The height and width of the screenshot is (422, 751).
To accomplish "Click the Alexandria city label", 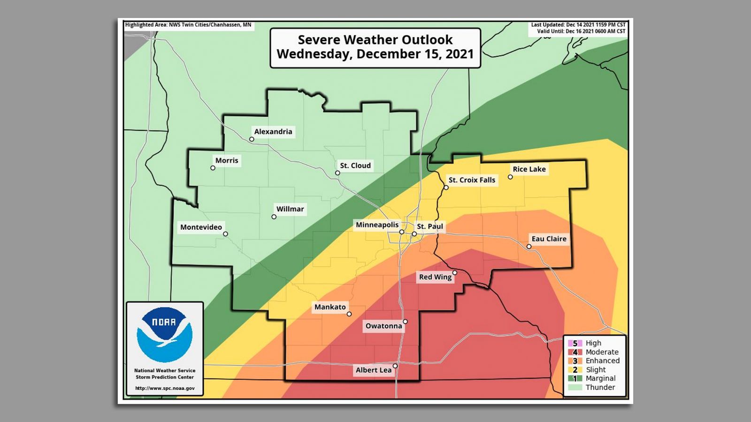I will click(273, 132).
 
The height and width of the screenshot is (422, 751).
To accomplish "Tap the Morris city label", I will click(227, 160).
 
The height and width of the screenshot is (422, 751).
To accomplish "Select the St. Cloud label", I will click(355, 166).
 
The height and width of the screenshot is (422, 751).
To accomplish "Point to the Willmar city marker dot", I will click(274, 217).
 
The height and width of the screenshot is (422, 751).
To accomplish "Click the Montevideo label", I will click(201, 227).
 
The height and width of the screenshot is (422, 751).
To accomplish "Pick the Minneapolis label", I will click(377, 225).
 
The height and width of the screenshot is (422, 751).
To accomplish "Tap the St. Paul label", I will click(430, 226).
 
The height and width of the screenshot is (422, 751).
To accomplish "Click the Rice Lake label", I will click(529, 169).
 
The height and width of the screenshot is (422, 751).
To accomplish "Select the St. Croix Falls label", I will click(472, 180).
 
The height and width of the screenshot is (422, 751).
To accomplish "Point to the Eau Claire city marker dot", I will click(529, 247).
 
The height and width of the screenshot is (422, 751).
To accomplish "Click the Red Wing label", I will click(435, 277).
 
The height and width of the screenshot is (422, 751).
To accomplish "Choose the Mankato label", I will click(330, 307).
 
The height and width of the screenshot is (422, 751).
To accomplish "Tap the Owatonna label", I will click(383, 326).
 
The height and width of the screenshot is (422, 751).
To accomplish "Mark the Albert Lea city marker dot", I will click(395, 366).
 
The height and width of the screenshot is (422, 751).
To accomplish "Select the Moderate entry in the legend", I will click(602, 352).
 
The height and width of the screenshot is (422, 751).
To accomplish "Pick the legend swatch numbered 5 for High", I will click(575, 343).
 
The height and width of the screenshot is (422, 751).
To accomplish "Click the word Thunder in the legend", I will click(600, 387).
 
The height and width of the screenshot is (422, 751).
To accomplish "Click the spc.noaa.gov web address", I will click(165, 388).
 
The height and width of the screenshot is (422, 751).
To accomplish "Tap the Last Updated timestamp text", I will click(578, 25).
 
